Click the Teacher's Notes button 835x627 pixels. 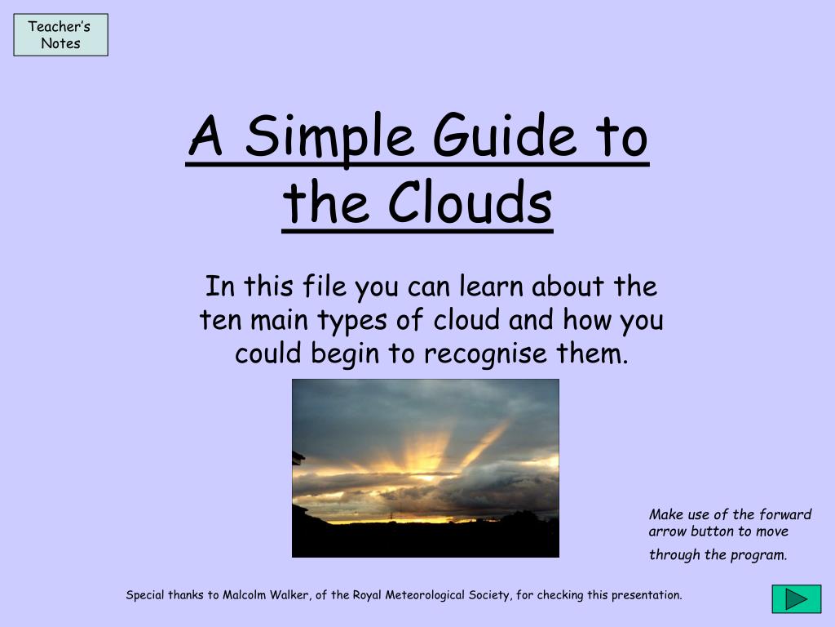(x=60, y=34)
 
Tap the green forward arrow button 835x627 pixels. (x=796, y=598)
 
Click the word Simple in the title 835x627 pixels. (x=329, y=136)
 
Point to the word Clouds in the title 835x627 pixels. (x=471, y=202)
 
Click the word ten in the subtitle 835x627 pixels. (x=220, y=320)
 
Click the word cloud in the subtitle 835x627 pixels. (x=466, y=320)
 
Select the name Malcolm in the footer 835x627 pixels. (x=244, y=595)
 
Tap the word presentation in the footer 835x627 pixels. (x=647, y=595)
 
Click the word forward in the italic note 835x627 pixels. (x=785, y=514)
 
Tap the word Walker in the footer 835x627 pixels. (x=290, y=595)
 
